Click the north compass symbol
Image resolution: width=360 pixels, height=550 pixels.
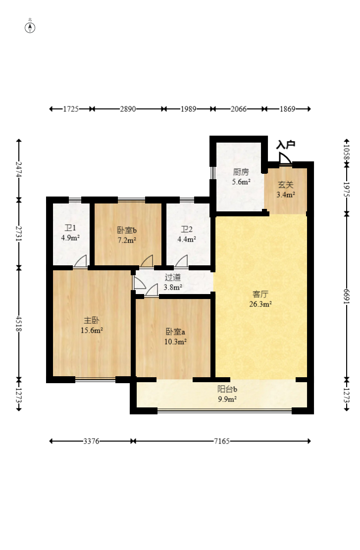click(x=30, y=27)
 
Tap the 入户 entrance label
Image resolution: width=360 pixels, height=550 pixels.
click(x=286, y=145)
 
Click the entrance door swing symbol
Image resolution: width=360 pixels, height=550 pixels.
click(x=285, y=158)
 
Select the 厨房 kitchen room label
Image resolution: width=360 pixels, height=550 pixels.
click(x=241, y=172)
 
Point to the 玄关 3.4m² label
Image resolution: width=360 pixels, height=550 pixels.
click(x=286, y=190)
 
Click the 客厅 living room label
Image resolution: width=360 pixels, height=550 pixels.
click(x=260, y=294)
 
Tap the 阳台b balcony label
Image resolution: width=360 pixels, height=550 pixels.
click(x=227, y=389)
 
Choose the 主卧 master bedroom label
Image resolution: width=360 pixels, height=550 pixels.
click(x=92, y=320)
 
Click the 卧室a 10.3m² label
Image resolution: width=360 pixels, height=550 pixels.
click(x=175, y=336)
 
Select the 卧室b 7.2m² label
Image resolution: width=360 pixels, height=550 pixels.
click(x=127, y=235)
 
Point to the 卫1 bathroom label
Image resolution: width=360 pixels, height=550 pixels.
click(x=70, y=228)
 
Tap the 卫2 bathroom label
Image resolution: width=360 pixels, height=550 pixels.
click(x=187, y=229)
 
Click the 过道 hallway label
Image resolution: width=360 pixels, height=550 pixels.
click(x=173, y=277)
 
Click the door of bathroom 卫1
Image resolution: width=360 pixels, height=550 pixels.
click(x=80, y=262)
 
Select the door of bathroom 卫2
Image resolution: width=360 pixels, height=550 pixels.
click(x=181, y=262)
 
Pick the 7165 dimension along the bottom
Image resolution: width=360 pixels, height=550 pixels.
click(x=222, y=441)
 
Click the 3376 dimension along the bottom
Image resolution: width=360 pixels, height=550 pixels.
click(x=91, y=441)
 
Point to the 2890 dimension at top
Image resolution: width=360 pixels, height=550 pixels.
click(x=128, y=109)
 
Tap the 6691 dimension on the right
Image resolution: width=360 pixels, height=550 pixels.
click(x=347, y=297)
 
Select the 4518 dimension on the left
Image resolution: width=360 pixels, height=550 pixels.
click(x=19, y=324)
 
